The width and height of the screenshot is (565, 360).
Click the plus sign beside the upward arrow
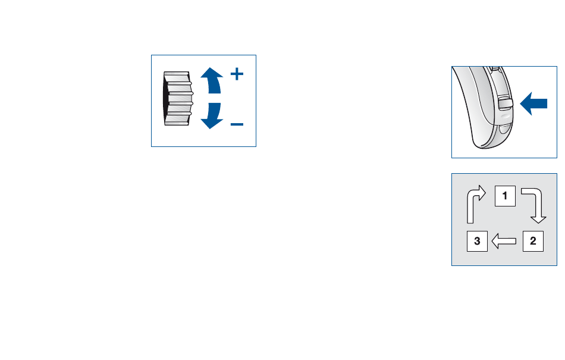tap(237, 74)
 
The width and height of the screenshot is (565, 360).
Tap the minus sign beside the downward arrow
tap(237, 124)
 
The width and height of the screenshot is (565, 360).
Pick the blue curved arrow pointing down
tap(212, 115)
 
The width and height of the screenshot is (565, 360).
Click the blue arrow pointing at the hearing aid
tap(533, 104)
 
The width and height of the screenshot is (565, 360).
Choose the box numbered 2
tap(533, 241)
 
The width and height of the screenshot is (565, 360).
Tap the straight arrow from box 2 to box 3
tap(505, 241)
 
